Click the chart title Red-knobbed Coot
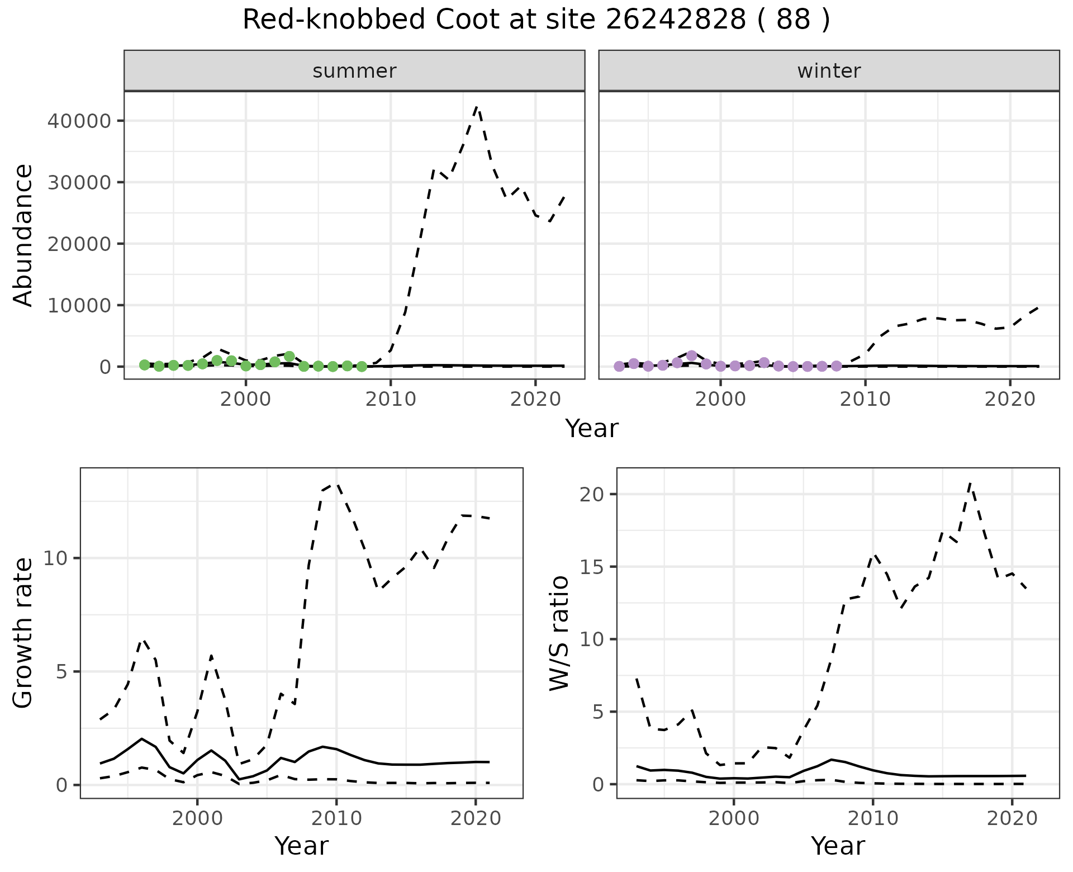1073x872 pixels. (536, 21)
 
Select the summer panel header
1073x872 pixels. (354, 71)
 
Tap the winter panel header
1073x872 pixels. (829, 71)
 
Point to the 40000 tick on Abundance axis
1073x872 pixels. (79, 121)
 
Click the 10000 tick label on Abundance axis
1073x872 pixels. (79, 305)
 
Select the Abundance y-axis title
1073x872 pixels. (23, 235)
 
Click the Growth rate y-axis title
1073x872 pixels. (23, 633)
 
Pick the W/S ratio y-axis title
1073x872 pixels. (559, 633)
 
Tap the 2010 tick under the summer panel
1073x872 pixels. (391, 399)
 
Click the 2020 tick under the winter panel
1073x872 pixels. (1010, 399)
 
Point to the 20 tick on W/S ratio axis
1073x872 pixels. (592, 494)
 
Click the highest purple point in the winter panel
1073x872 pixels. (692, 356)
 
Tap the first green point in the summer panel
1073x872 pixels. (145, 365)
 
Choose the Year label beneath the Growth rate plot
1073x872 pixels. (301, 846)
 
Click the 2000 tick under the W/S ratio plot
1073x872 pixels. (734, 819)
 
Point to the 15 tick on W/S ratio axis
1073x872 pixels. (592, 567)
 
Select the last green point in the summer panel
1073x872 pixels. (362, 367)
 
